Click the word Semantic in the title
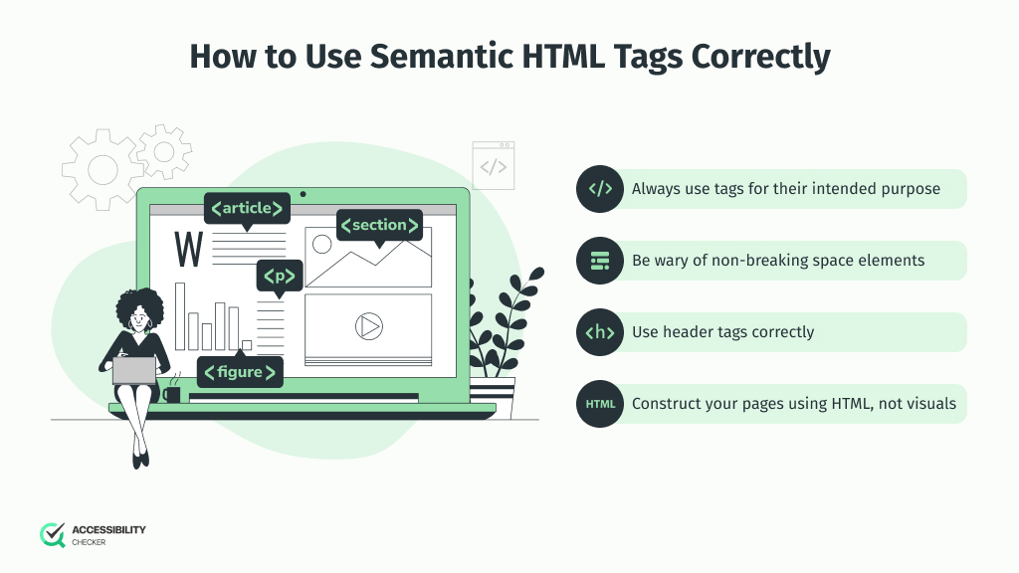[441, 57]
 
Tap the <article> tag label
[247, 209]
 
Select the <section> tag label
[379, 226]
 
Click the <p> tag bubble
[280, 277]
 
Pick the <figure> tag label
[240, 372]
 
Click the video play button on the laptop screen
[369, 326]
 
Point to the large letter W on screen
[188, 249]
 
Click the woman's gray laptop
[134, 371]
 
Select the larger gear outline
[102, 170]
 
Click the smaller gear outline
[164, 152]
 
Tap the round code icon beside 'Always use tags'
[600, 189]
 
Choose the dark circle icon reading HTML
[600, 404]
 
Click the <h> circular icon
[600, 332]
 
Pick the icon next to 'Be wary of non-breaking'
[600, 261]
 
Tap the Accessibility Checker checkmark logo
[53, 535]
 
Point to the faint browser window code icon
[494, 166]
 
